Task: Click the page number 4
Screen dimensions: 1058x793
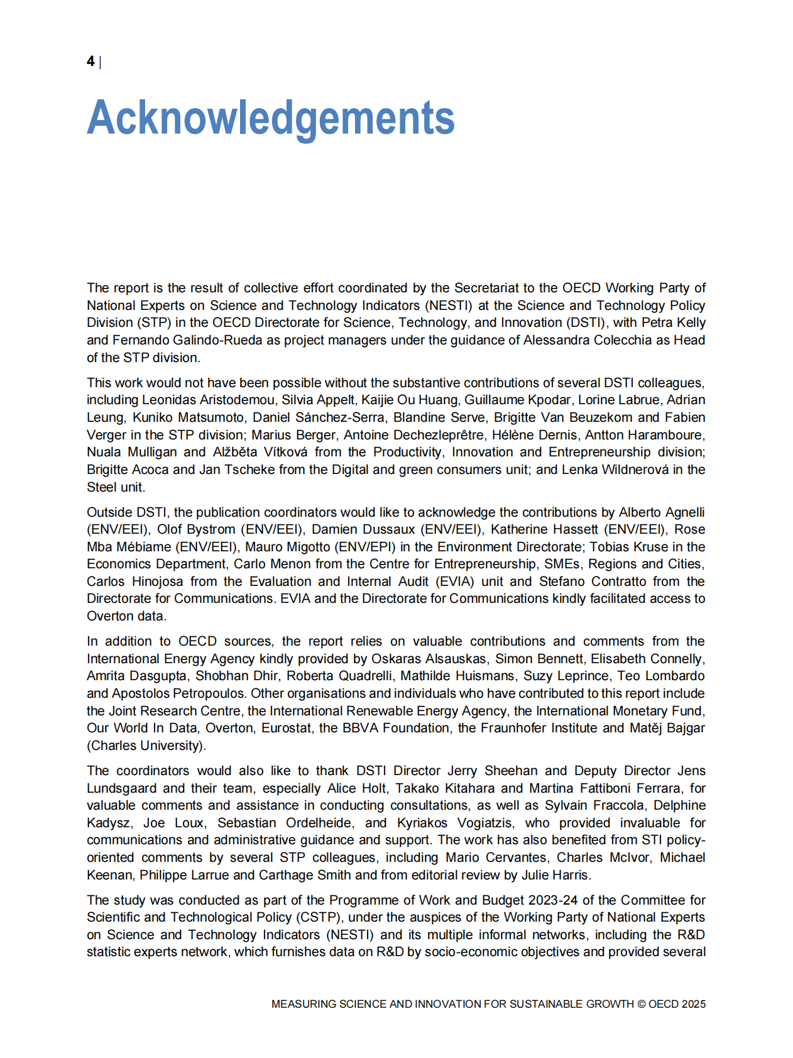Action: pos(90,61)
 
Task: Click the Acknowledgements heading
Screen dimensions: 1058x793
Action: pos(270,118)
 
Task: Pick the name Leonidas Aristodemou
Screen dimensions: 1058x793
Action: pos(208,400)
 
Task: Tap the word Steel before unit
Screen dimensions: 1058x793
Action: pos(102,487)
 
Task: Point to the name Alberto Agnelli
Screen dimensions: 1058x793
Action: pos(662,512)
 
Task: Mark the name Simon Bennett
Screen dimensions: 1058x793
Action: pos(539,659)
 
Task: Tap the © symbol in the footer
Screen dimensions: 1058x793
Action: pos(641,1004)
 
